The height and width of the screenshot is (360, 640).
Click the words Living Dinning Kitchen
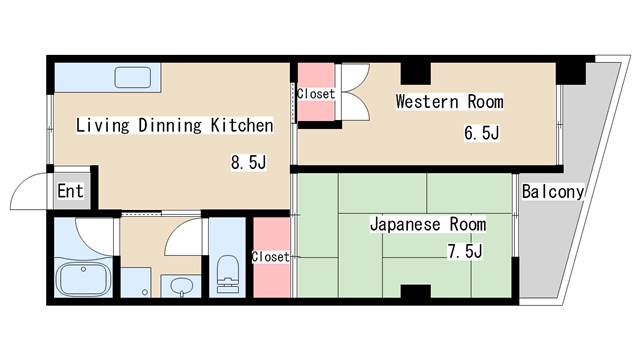click(175, 126)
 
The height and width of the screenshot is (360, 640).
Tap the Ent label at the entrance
click(69, 191)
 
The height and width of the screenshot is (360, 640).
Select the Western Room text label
click(449, 102)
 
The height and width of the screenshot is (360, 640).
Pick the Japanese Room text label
click(428, 224)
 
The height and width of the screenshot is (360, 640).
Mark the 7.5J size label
click(465, 251)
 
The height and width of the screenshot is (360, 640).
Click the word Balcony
click(552, 191)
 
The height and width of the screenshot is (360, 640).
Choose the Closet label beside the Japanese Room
click(270, 257)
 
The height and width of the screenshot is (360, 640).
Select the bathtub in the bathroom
click(83, 277)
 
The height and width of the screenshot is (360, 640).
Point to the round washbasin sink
click(181, 287)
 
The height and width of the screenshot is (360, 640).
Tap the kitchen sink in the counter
click(131, 76)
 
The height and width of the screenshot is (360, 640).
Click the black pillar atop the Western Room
click(416, 71)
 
